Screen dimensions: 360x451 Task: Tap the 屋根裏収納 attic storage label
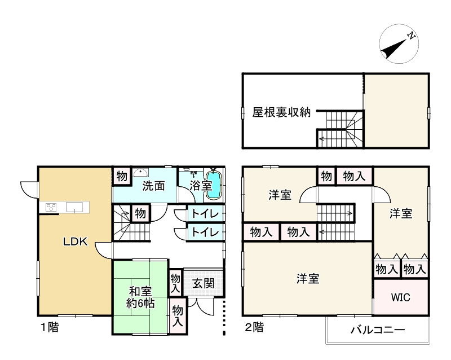281,112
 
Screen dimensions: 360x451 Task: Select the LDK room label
74,242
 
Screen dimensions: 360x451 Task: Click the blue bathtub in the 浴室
214,186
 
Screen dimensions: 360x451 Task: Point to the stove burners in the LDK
49,207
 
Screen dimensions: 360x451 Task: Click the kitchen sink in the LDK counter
75,207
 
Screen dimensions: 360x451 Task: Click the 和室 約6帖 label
140,297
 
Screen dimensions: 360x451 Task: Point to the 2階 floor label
254,327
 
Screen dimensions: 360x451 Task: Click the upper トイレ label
202,214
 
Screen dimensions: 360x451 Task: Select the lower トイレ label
202,231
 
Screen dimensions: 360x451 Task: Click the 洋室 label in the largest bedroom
308,279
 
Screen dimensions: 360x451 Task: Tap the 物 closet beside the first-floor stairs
140,214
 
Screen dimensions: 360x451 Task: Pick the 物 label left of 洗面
122,175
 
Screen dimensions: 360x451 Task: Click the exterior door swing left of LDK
28,190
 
